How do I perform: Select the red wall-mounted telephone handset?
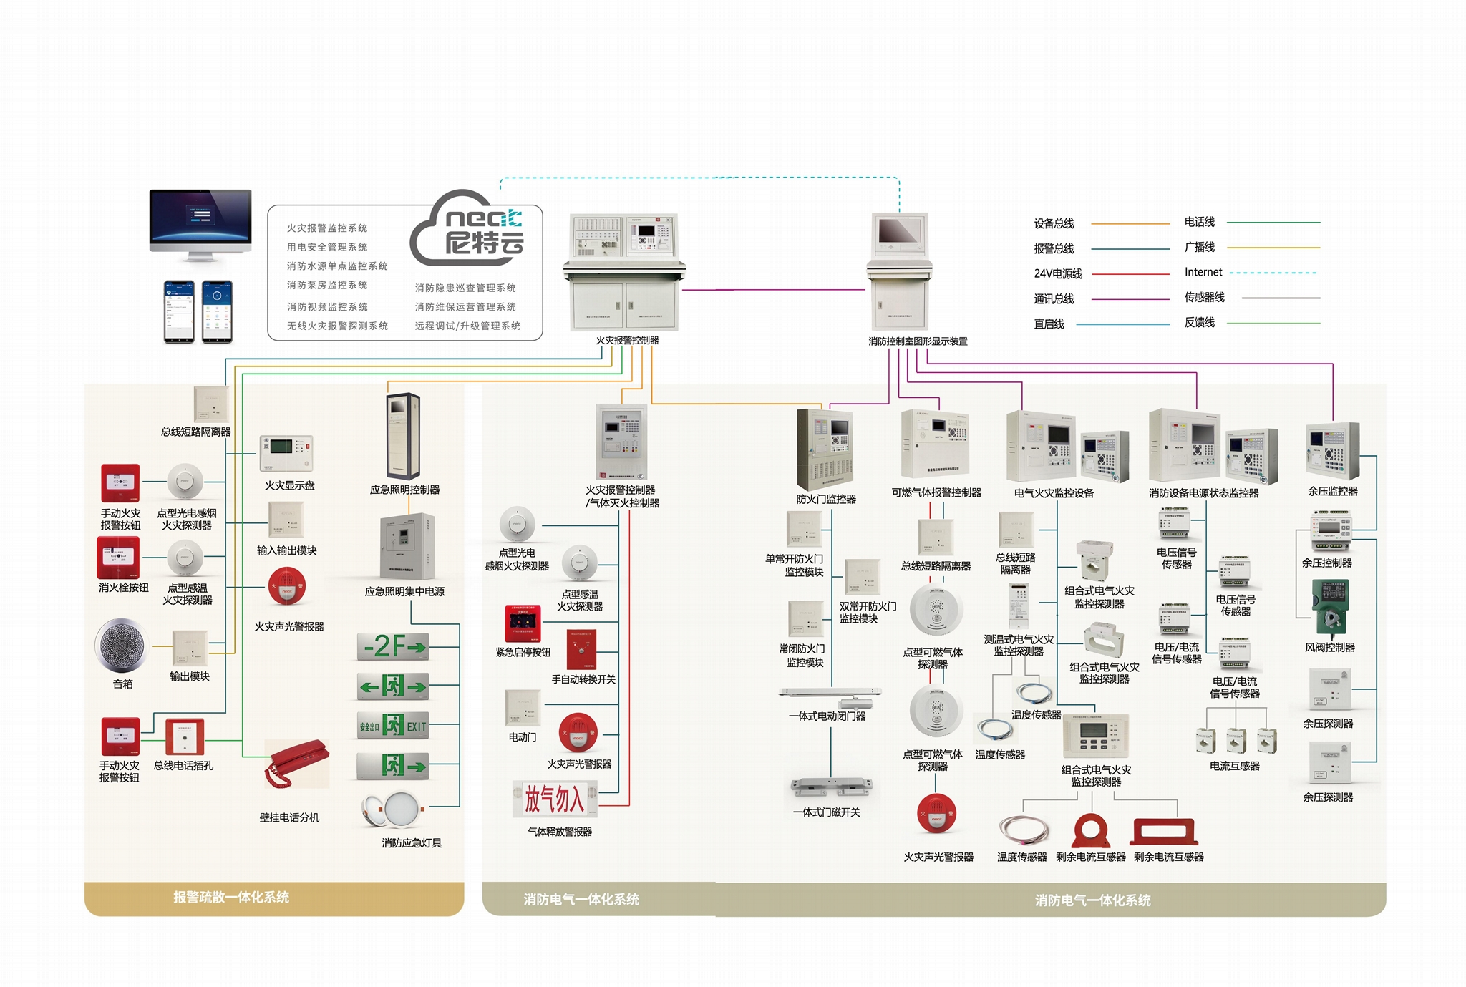pos(296,763)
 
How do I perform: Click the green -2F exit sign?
pos(393,646)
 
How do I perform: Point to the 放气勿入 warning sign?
pos(554,799)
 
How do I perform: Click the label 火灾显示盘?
pos(289,485)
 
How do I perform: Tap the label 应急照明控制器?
pos(404,490)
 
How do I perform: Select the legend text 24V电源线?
pos(1058,273)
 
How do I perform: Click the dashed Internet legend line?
pos(1273,273)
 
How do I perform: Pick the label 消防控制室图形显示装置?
pos(918,341)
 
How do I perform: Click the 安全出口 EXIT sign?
pos(393,726)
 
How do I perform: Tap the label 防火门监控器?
pos(826,499)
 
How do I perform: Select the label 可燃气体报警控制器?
pos(936,492)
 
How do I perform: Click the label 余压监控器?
pos(1332,491)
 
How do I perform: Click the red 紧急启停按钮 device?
pos(523,623)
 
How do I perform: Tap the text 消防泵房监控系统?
pos(327,285)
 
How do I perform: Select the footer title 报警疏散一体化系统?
pos(231,897)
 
